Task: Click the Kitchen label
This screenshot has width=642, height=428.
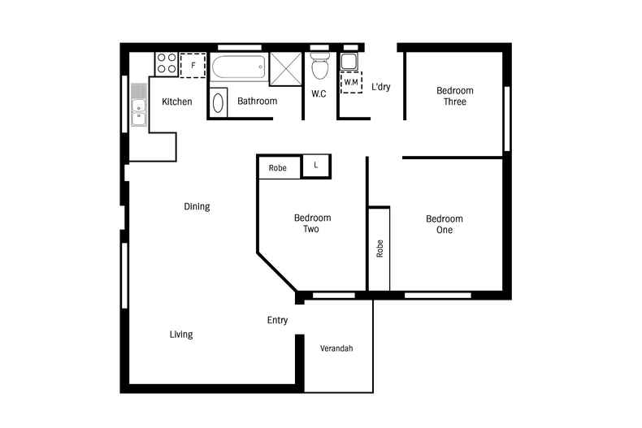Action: [177, 102]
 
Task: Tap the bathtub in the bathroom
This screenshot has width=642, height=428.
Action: [239, 67]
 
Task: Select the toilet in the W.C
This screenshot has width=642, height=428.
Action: [319, 66]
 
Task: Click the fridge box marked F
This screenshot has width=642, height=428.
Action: [193, 65]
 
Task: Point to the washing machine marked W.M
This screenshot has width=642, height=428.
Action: [351, 82]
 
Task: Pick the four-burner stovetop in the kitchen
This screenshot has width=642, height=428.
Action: [167, 64]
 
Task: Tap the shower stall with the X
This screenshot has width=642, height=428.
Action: [286, 69]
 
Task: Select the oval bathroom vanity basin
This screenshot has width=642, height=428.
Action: [219, 102]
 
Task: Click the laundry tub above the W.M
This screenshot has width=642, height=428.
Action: [349, 62]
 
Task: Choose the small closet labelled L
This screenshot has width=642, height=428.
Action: [315, 166]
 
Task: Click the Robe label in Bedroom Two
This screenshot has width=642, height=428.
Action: [278, 168]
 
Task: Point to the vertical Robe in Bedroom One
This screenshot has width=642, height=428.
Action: [380, 249]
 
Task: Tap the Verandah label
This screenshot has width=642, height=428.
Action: [336, 348]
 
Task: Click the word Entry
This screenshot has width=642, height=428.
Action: [277, 320]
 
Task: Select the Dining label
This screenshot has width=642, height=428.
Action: [197, 206]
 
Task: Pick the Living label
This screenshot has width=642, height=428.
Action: [181, 335]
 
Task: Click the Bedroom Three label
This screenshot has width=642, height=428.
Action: [455, 96]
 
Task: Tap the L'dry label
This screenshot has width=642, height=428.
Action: [381, 87]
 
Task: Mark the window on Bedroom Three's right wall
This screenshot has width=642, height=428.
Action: [507, 119]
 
